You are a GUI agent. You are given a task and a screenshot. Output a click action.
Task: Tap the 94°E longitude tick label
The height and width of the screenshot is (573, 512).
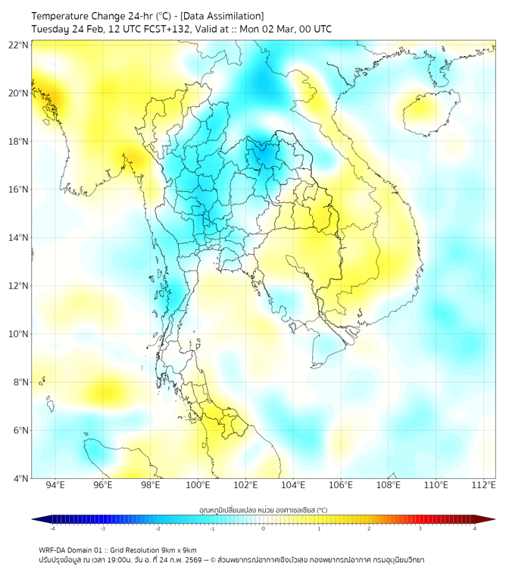tap(55, 486)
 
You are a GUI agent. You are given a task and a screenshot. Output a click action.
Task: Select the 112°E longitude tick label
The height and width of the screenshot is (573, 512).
tap(484, 486)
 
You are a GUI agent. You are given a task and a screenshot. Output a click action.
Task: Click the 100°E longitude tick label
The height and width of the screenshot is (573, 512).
tap(198, 486)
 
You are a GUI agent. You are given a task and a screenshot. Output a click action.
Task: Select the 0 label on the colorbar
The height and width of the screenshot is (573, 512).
tap(264, 529)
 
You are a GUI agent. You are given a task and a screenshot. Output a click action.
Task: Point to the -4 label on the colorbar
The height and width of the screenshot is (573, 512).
tap(52, 529)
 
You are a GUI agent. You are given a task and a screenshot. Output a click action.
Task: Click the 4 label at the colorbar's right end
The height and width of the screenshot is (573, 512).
tap(475, 529)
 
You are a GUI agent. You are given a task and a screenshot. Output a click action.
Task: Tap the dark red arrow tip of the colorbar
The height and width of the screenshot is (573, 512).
tap(491, 519)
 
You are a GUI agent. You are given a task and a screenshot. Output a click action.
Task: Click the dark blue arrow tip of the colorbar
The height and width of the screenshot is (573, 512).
tap(36, 519)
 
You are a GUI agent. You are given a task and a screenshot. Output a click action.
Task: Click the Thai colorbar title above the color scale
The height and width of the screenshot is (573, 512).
tap(263, 510)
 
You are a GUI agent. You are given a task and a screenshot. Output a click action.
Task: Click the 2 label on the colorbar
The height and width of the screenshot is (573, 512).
tap(369, 529)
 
